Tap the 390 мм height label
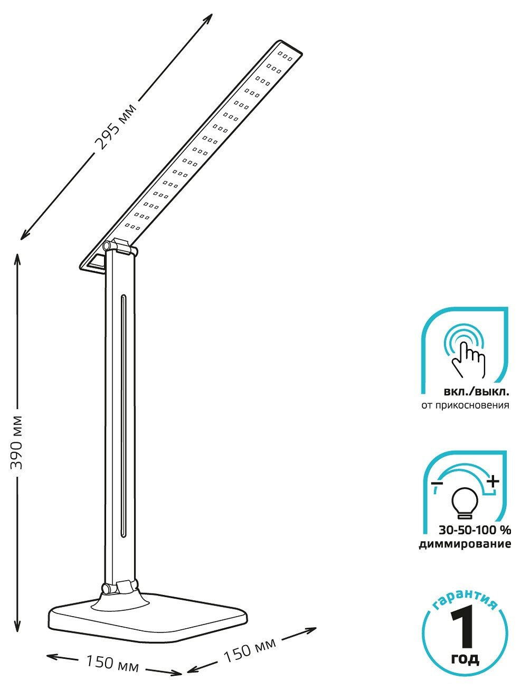tap(17, 442)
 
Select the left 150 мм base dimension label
tap(112, 663)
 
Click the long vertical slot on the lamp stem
tap(122, 416)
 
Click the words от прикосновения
tap(465, 405)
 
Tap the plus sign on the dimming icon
tap(492, 481)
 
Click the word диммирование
tap(465, 544)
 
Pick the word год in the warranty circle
tap(465, 658)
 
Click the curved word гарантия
tap(465, 599)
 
